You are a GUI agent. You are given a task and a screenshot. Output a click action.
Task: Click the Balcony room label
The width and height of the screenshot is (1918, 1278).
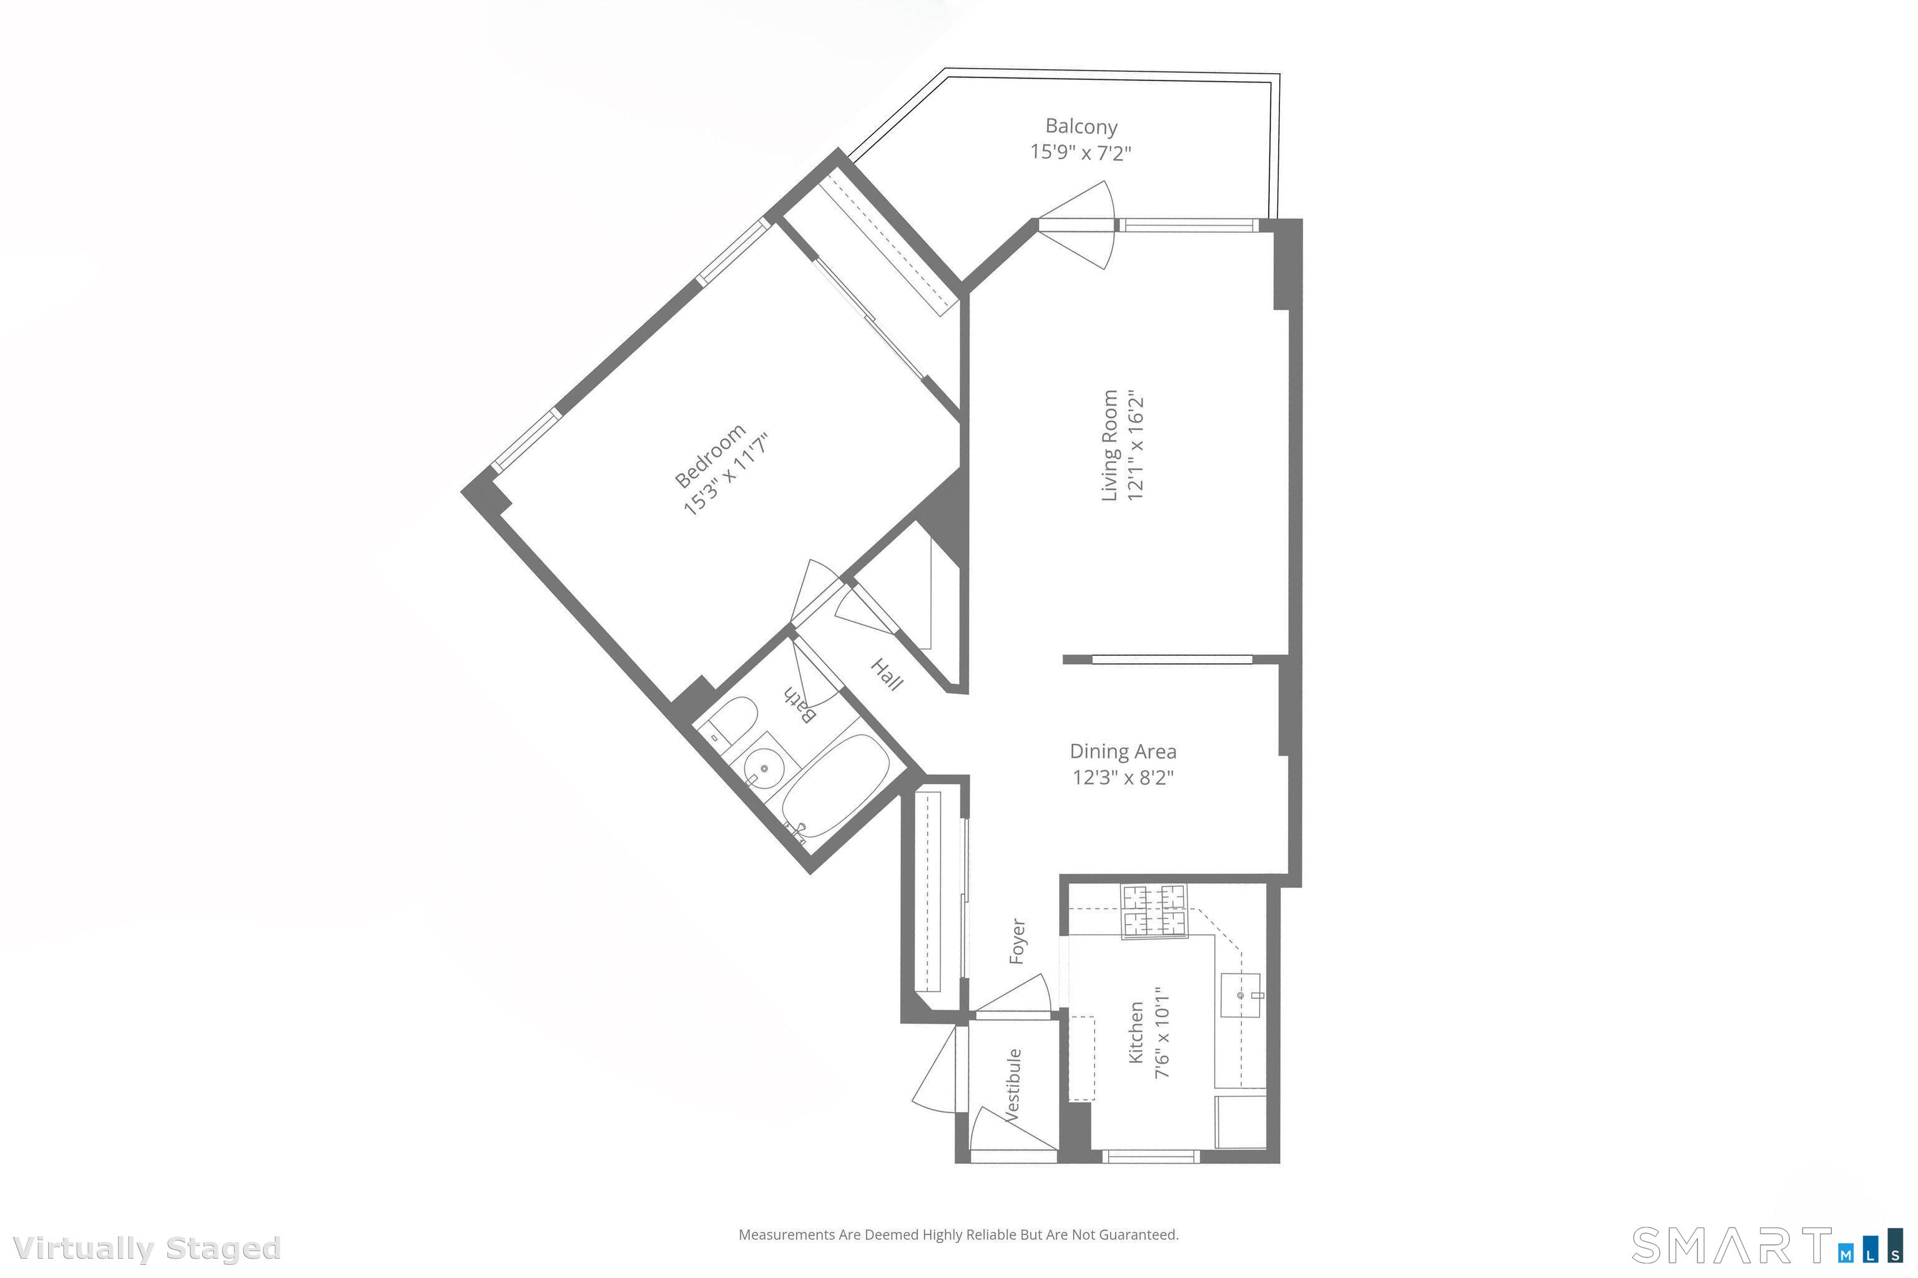[x=1081, y=126]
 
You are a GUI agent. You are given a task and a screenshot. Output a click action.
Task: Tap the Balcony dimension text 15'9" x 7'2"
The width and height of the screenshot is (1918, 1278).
[x=1081, y=152]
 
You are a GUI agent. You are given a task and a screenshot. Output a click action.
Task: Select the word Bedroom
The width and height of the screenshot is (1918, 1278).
[x=709, y=456]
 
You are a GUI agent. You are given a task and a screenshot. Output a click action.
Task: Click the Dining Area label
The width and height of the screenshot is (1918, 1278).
[x=1123, y=751]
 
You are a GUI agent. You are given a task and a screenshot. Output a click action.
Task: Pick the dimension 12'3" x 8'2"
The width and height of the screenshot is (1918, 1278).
[x=1123, y=778]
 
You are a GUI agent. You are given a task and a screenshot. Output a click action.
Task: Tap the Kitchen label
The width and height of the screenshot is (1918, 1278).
[x=1135, y=1033]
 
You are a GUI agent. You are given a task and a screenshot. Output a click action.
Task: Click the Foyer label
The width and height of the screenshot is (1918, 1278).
[x=1017, y=942]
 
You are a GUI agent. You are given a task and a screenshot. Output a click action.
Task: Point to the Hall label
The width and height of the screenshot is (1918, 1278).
[x=887, y=675]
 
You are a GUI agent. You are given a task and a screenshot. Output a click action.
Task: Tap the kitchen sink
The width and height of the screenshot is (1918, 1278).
[x=1241, y=995]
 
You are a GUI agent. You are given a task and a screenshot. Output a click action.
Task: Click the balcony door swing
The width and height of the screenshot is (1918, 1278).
[x=1076, y=225]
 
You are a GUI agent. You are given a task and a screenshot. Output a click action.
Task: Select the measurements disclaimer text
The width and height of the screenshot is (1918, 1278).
[x=958, y=1235]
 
